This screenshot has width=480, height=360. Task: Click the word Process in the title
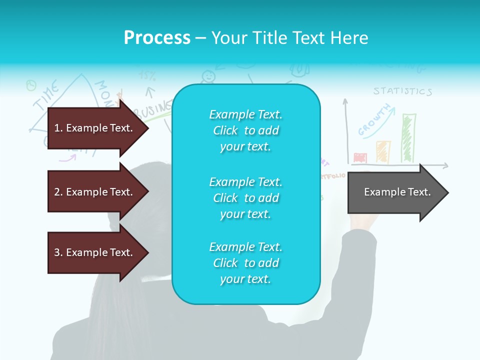[x=157, y=38]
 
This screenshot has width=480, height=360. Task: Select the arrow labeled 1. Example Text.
[x=95, y=128]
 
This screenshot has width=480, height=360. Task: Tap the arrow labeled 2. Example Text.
[x=95, y=192]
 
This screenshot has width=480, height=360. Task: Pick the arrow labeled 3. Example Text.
[x=95, y=252]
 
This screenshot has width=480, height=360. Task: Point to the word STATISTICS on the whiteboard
[x=402, y=91]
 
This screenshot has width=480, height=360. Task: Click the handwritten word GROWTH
[x=374, y=120]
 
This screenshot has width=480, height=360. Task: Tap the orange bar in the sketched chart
[x=383, y=151]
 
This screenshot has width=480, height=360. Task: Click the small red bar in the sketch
[x=360, y=158]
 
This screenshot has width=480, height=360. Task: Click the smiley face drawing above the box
[x=208, y=76]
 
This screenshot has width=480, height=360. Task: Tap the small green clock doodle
[x=31, y=85]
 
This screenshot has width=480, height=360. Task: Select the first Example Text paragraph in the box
[x=245, y=130]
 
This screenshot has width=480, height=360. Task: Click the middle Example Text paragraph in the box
[x=245, y=198]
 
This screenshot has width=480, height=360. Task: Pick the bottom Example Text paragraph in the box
[x=245, y=263]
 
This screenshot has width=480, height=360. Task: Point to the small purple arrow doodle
[x=67, y=158]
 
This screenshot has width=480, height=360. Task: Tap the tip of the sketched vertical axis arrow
[x=345, y=100]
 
